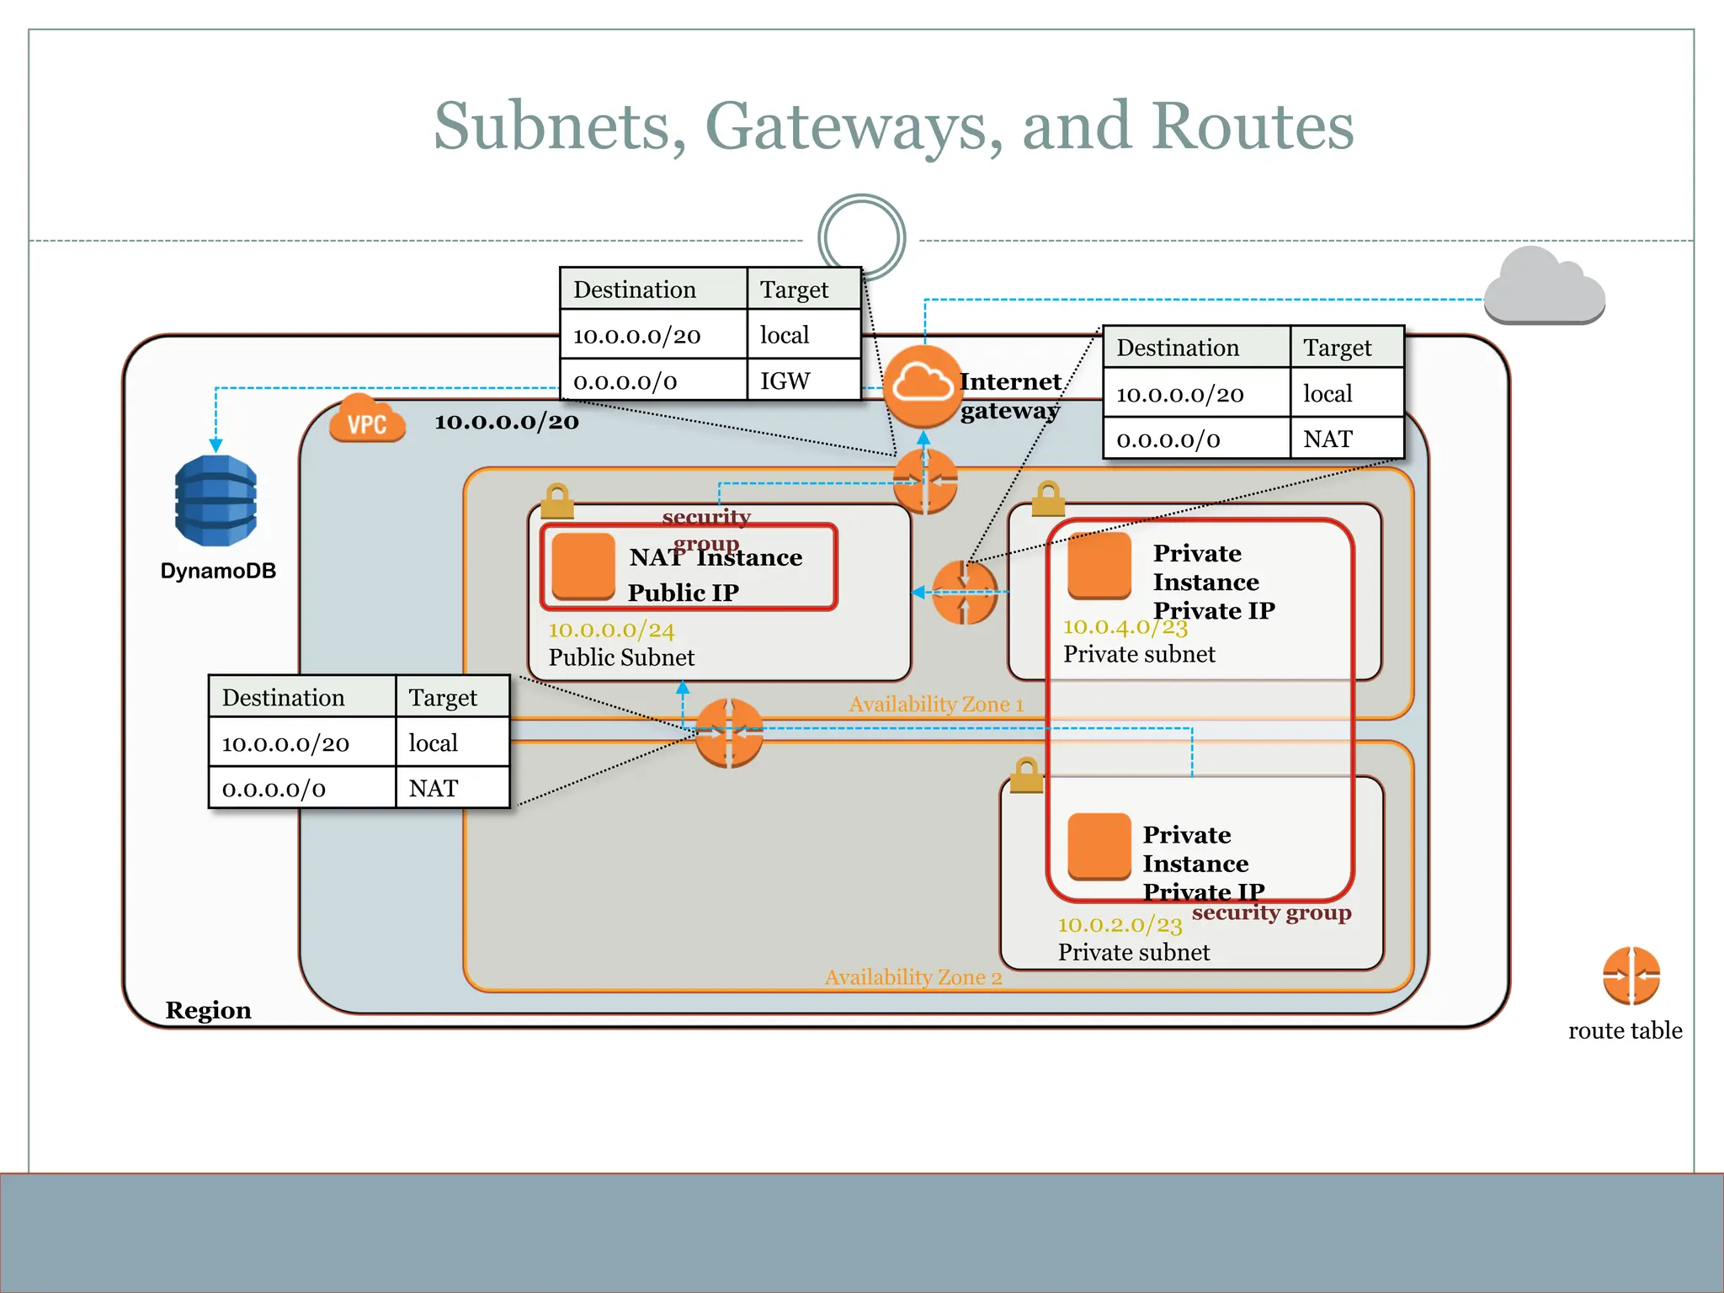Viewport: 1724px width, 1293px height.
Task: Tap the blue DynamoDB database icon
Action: tap(216, 501)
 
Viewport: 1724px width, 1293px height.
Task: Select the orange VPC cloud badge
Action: tap(367, 420)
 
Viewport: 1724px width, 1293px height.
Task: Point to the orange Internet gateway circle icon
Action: tap(923, 386)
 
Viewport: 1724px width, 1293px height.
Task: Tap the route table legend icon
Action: tap(1631, 976)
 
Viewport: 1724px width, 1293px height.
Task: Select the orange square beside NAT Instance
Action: tap(583, 566)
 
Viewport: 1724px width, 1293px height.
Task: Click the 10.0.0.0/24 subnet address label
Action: tap(611, 630)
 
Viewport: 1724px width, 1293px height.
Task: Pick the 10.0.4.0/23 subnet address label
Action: tap(1125, 627)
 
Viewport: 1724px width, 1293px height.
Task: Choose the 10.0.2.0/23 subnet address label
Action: tap(1120, 925)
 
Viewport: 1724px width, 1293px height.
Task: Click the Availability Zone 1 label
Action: tap(936, 705)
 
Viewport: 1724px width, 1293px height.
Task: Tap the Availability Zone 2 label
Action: tap(913, 977)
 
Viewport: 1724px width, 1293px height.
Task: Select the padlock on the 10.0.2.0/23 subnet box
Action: tap(1025, 775)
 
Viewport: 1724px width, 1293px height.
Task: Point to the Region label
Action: tap(208, 1010)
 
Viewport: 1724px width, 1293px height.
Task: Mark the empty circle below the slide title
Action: tap(861, 237)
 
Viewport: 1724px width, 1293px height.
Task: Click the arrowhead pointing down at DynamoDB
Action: tap(216, 445)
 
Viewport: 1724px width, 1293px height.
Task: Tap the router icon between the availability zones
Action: tap(729, 733)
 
